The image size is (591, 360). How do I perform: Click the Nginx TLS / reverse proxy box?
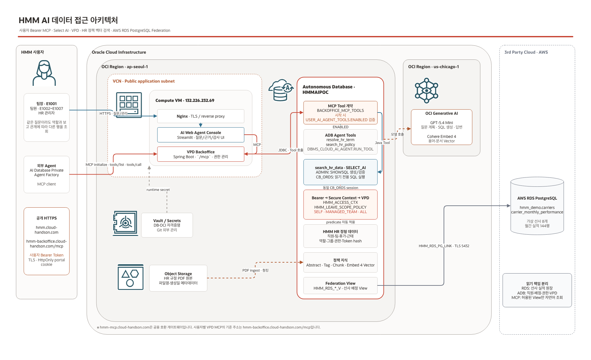pyautogui.click(x=200, y=116)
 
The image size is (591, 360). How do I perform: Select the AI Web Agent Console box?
pyautogui.click(x=200, y=135)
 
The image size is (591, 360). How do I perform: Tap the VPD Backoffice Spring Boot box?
pyautogui.click(x=200, y=154)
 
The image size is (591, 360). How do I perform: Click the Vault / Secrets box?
pyautogui.click(x=167, y=225)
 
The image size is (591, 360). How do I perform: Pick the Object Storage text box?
pyautogui.click(x=178, y=278)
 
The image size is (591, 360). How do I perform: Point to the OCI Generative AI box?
pyautogui.click(x=442, y=127)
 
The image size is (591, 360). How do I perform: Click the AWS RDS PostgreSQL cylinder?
pyautogui.click(x=537, y=206)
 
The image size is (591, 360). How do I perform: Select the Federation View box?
pyautogui.click(x=340, y=285)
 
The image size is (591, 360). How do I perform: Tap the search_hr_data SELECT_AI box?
pyautogui.click(x=340, y=172)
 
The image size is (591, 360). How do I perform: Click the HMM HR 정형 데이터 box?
pyautogui.click(x=340, y=236)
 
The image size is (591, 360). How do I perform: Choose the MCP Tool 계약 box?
pyautogui.click(x=340, y=113)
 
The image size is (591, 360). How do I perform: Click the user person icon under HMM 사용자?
pyautogui.click(x=44, y=73)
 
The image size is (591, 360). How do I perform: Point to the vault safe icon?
pyautogui.click(x=125, y=223)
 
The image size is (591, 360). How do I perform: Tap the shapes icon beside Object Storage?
pyautogui.click(x=130, y=277)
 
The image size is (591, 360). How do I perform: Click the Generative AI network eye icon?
pyautogui.click(x=427, y=91)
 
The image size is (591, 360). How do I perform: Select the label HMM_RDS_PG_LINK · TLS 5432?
pyautogui.click(x=444, y=246)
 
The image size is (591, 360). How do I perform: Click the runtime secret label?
pyautogui.click(x=158, y=190)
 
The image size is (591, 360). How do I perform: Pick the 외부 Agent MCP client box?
pyautogui.click(x=47, y=175)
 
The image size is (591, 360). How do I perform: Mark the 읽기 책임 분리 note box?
pyautogui.click(x=537, y=290)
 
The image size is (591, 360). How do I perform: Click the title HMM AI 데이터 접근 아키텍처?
pyautogui.click(x=68, y=20)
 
